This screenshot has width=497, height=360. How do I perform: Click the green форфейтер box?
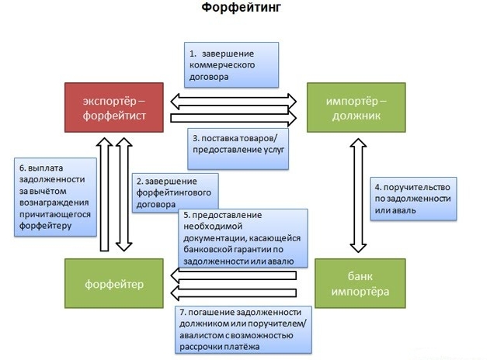click(114, 284)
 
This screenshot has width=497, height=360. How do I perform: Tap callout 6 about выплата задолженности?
click(56, 197)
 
